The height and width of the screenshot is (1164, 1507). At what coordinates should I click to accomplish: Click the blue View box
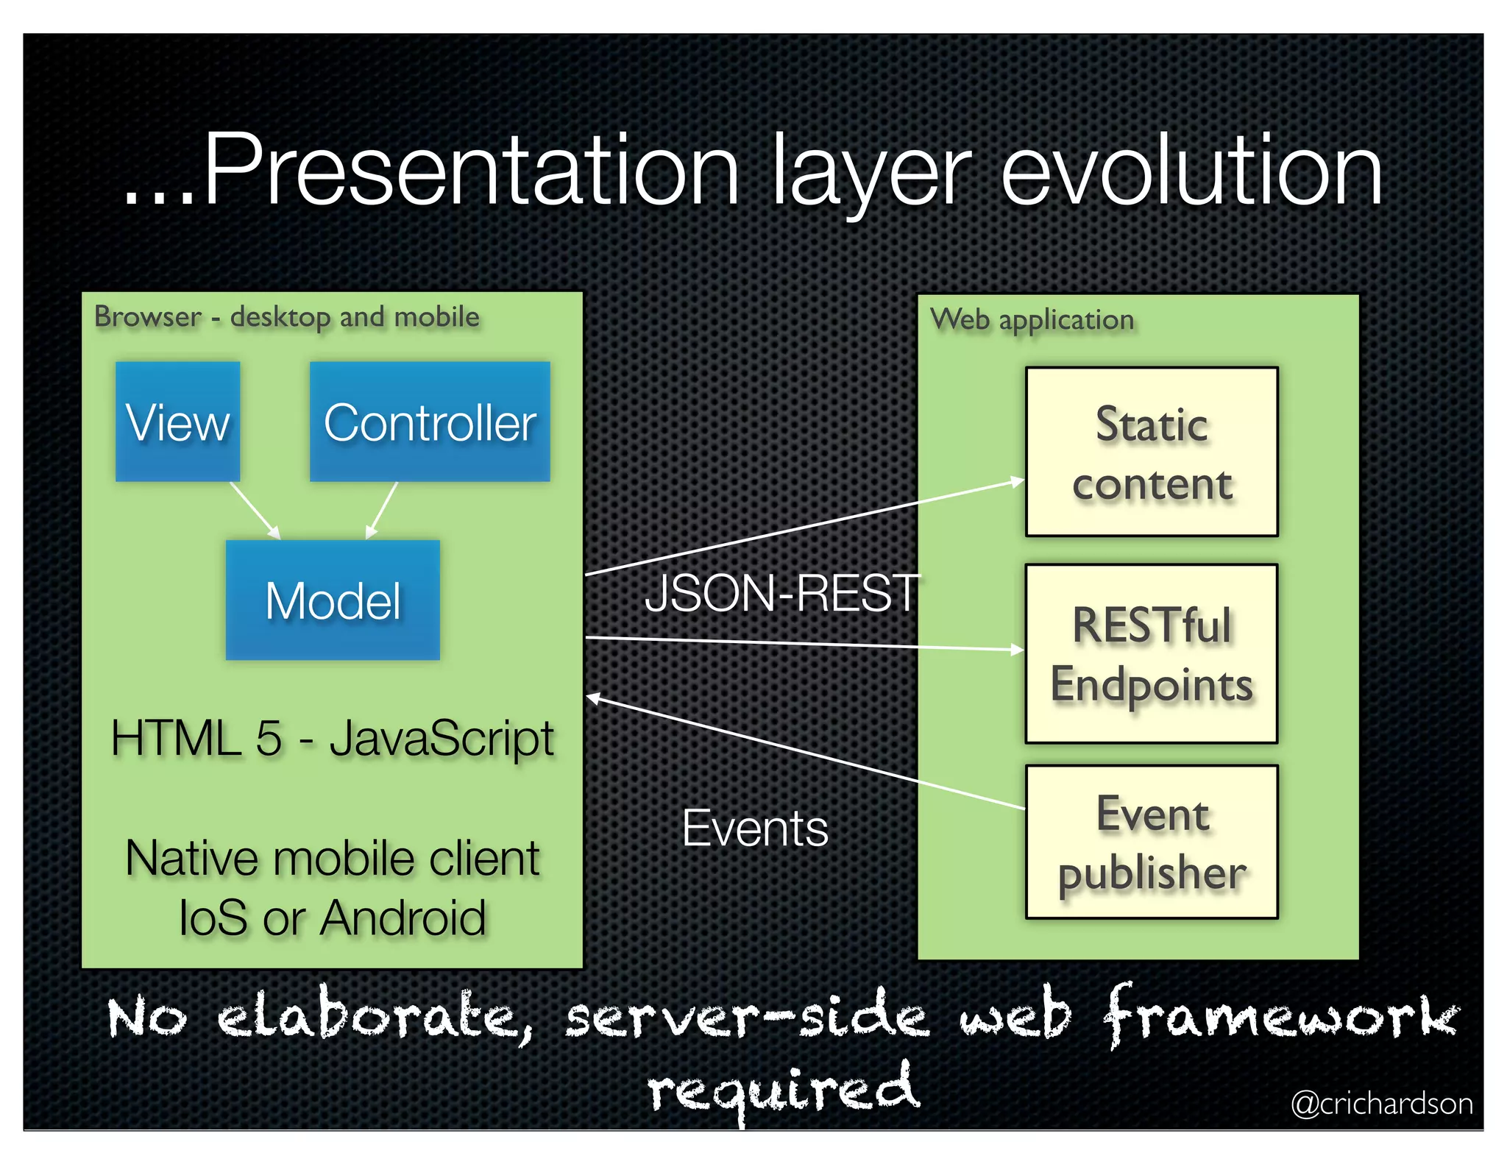coord(177,422)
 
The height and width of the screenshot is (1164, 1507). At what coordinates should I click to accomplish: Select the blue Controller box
coord(430,422)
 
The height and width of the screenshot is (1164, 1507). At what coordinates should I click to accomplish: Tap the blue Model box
coord(333,600)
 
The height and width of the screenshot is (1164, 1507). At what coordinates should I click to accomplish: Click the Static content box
coord(1152,452)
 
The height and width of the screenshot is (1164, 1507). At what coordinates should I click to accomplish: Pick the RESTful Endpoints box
coord(1152,653)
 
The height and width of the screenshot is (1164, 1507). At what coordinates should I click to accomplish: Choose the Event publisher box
coord(1152,842)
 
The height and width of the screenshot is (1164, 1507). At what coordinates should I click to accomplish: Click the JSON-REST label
coord(781,593)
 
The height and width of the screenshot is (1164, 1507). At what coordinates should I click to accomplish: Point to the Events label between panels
coord(755,828)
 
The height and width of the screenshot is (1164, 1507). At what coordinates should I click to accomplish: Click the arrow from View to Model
coord(255,510)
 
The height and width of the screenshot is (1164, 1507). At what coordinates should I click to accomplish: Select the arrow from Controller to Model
coord(383,510)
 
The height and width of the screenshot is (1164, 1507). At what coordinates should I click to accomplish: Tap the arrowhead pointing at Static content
coord(1018,482)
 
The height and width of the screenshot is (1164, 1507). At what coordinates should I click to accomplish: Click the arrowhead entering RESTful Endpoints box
coord(1017,649)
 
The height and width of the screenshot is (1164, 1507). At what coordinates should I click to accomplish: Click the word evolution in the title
coord(1192,173)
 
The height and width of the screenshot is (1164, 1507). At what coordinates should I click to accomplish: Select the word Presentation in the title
coord(471,173)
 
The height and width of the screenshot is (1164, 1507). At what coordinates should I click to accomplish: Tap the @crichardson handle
coord(1382,1104)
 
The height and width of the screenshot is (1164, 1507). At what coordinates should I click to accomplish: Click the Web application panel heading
coord(1032,320)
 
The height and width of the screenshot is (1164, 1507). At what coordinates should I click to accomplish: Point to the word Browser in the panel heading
coord(147,317)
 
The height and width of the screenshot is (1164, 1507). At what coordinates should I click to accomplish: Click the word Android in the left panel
coord(403,918)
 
